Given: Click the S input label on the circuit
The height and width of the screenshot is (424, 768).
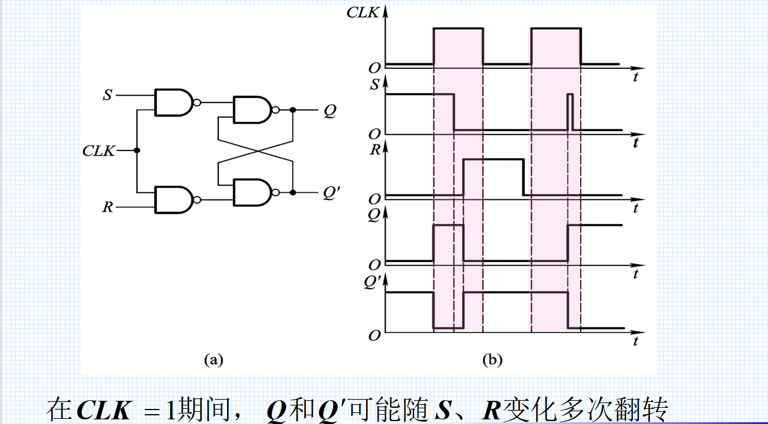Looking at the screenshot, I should click(x=107, y=94).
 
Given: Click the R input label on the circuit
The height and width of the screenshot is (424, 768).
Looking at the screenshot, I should click(x=107, y=207).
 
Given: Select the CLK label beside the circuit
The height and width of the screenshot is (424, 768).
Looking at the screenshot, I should click(x=99, y=151).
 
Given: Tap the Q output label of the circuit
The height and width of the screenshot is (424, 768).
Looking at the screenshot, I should click(x=329, y=110).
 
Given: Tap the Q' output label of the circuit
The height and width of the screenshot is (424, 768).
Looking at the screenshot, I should click(x=331, y=193).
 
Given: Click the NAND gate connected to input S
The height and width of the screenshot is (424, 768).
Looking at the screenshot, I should click(x=174, y=103).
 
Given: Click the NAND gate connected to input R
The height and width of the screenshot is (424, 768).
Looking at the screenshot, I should click(x=174, y=200).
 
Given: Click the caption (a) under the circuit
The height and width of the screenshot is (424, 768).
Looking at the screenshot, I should click(x=213, y=360).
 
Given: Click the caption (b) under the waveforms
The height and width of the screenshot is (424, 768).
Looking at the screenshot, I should click(x=492, y=360).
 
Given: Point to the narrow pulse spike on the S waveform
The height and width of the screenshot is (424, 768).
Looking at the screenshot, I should click(x=570, y=111).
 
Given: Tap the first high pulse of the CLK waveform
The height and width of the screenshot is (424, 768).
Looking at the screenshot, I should click(x=458, y=29).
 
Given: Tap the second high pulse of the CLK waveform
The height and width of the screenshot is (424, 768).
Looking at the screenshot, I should click(x=555, y=29).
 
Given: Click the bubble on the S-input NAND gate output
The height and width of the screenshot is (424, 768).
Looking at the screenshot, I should click(x=198, y=103).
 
